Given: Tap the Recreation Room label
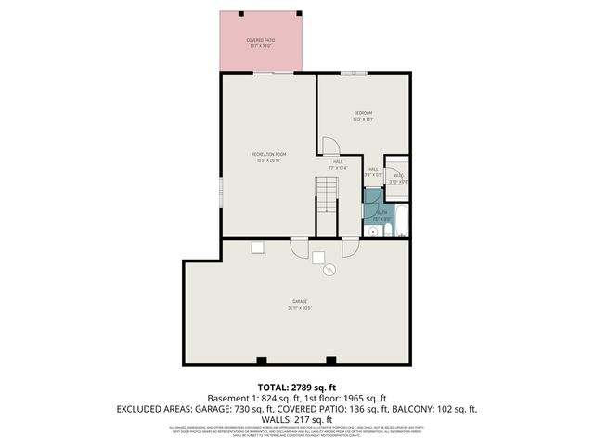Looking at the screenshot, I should pos(269,154).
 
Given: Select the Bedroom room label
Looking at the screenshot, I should pos(362,113).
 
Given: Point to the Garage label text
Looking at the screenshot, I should pos(300,302).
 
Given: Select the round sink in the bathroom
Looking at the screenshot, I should pos(373,231).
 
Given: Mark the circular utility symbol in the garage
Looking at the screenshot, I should pos(329,272).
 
